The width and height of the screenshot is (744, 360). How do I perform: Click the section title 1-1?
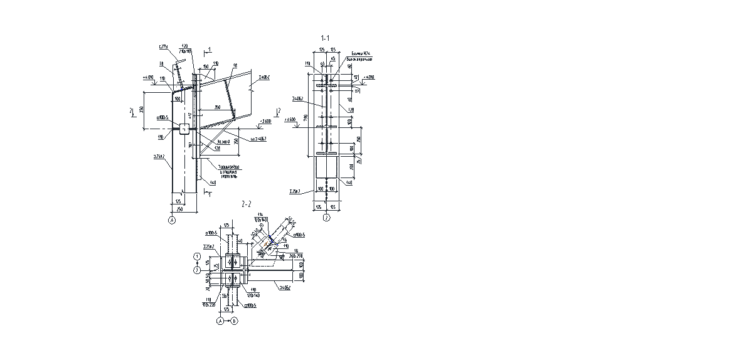point(325,38)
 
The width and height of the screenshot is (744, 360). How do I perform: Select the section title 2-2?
point(246,204)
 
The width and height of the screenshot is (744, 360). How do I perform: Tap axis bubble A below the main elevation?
point(172,220)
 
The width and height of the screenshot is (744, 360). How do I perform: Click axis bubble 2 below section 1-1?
point(326,218)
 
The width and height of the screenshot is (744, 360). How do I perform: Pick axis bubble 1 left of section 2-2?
point(197,257)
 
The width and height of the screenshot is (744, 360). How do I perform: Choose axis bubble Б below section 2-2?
point(234,320)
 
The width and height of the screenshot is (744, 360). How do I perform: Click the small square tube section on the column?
point(184,129)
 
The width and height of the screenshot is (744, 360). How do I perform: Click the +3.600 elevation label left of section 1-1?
point(290,119)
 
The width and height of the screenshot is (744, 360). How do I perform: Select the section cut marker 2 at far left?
point(132,112)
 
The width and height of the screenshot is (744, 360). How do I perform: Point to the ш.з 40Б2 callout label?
point(258,139)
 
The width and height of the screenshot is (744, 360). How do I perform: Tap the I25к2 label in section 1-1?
point(295,191)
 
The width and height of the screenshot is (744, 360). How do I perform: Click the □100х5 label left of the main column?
point(162,117)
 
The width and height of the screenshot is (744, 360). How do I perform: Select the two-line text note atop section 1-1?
point(362,57)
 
